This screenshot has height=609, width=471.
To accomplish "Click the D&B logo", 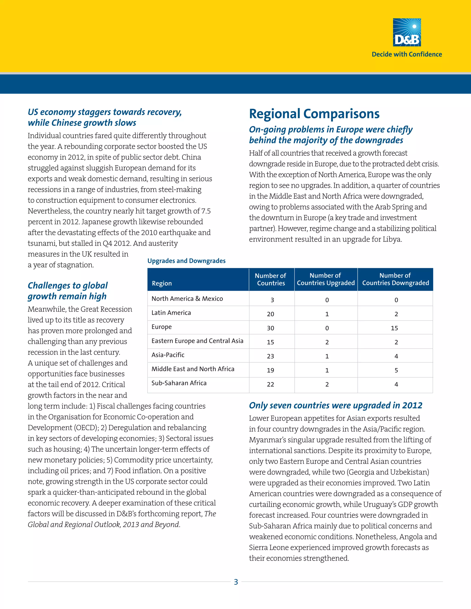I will [407, 32].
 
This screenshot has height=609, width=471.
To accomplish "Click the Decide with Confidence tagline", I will [407, 54].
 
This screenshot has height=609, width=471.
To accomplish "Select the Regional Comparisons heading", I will [314, 114].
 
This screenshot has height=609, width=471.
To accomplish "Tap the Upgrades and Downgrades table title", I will [186, 261].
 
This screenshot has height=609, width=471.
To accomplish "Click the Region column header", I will [162, 283].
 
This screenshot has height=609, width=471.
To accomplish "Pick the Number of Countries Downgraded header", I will [395, 279].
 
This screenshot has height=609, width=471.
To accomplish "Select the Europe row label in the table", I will [161, 327].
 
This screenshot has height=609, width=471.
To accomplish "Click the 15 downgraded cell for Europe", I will [394, 328].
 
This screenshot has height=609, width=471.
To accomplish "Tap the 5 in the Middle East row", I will [396, 370].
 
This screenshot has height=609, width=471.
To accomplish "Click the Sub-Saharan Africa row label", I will [179, 383].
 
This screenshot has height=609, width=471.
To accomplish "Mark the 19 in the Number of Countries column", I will [270, 370].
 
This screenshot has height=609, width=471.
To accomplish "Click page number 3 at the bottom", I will [236, 582].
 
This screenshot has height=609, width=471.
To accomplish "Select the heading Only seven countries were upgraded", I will [335, 405].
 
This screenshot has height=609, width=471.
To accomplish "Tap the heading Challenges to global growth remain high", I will [68, 291].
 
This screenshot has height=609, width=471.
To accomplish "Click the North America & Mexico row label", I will [187, 299].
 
